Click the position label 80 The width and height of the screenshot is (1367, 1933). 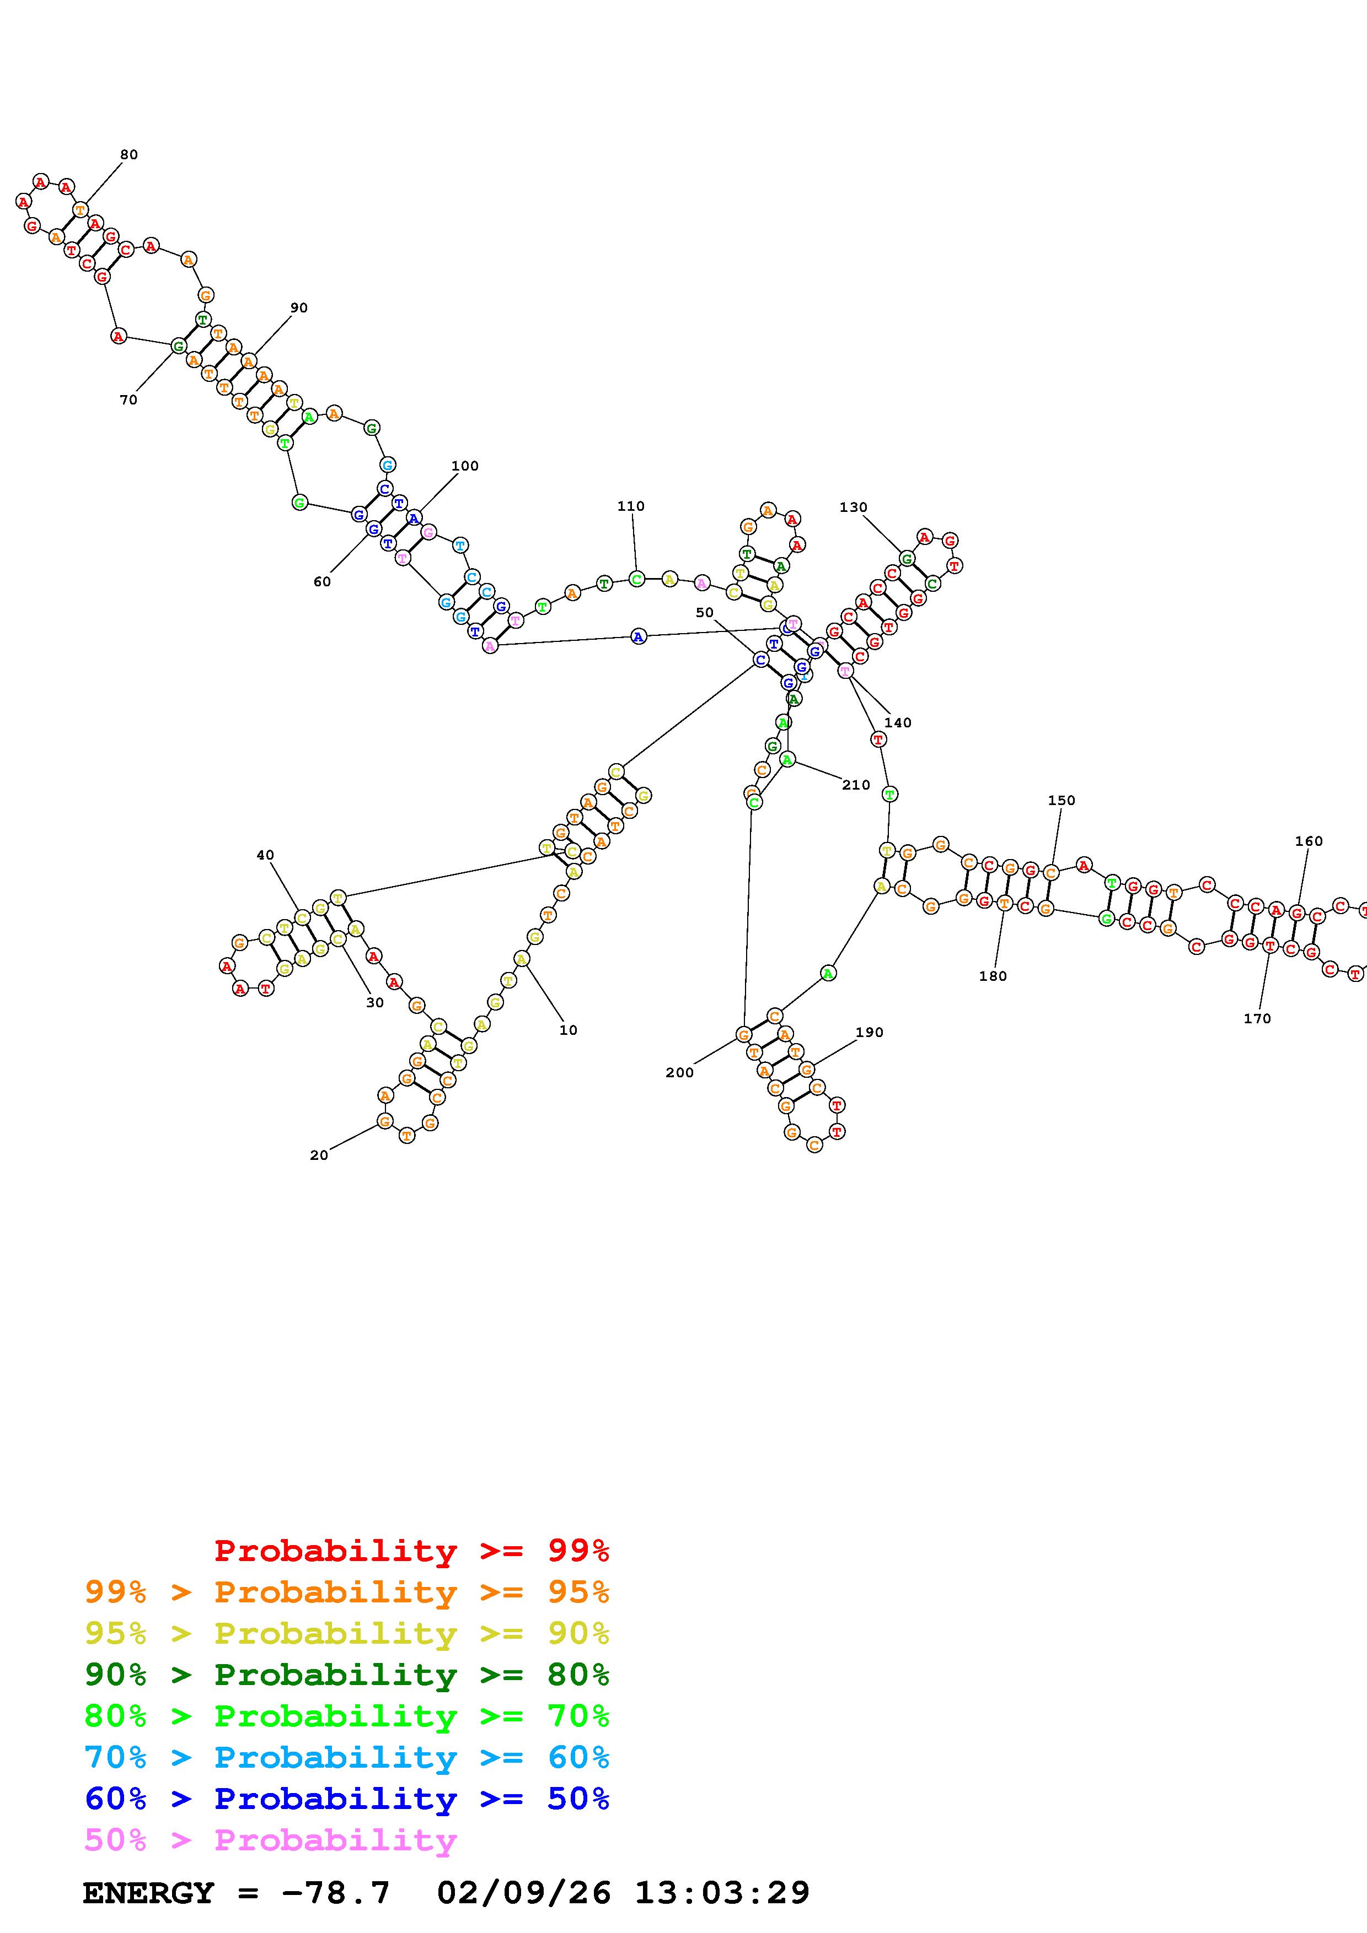click(129, 155)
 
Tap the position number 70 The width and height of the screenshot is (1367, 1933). click(128, 400)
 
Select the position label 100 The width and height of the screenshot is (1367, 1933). click(465, 466)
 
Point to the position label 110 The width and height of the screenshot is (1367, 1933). click(631, 506)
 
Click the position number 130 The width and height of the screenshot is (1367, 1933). click(853, 507)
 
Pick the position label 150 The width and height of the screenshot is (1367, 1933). click(1062, 800)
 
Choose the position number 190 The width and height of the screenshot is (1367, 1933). click(869, 1032)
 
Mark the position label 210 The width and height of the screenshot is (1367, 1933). click(856, 785)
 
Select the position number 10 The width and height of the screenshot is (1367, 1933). click(569, 1030)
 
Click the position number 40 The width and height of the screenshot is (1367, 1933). click(265, 855)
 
